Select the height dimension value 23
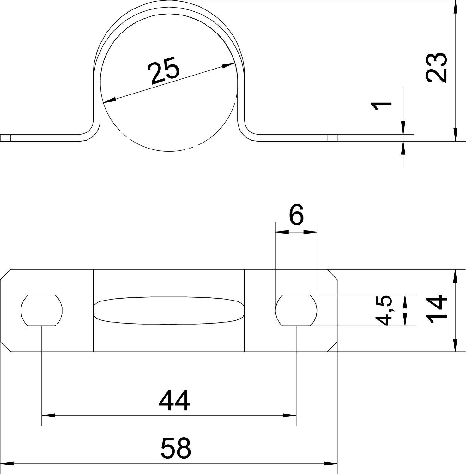(x=436, y=68)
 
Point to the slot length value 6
(x=296, y=215)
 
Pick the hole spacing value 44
(x=174, y=401)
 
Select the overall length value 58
(x=176, y=448)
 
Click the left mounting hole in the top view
(x=42, y=310)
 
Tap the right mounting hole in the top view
(x=296, y=310)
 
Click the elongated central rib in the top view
(x=169, y=311)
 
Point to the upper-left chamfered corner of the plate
(x=6, y=275)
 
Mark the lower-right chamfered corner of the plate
(x=332, y=346)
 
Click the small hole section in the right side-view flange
(x=332, y=138)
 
